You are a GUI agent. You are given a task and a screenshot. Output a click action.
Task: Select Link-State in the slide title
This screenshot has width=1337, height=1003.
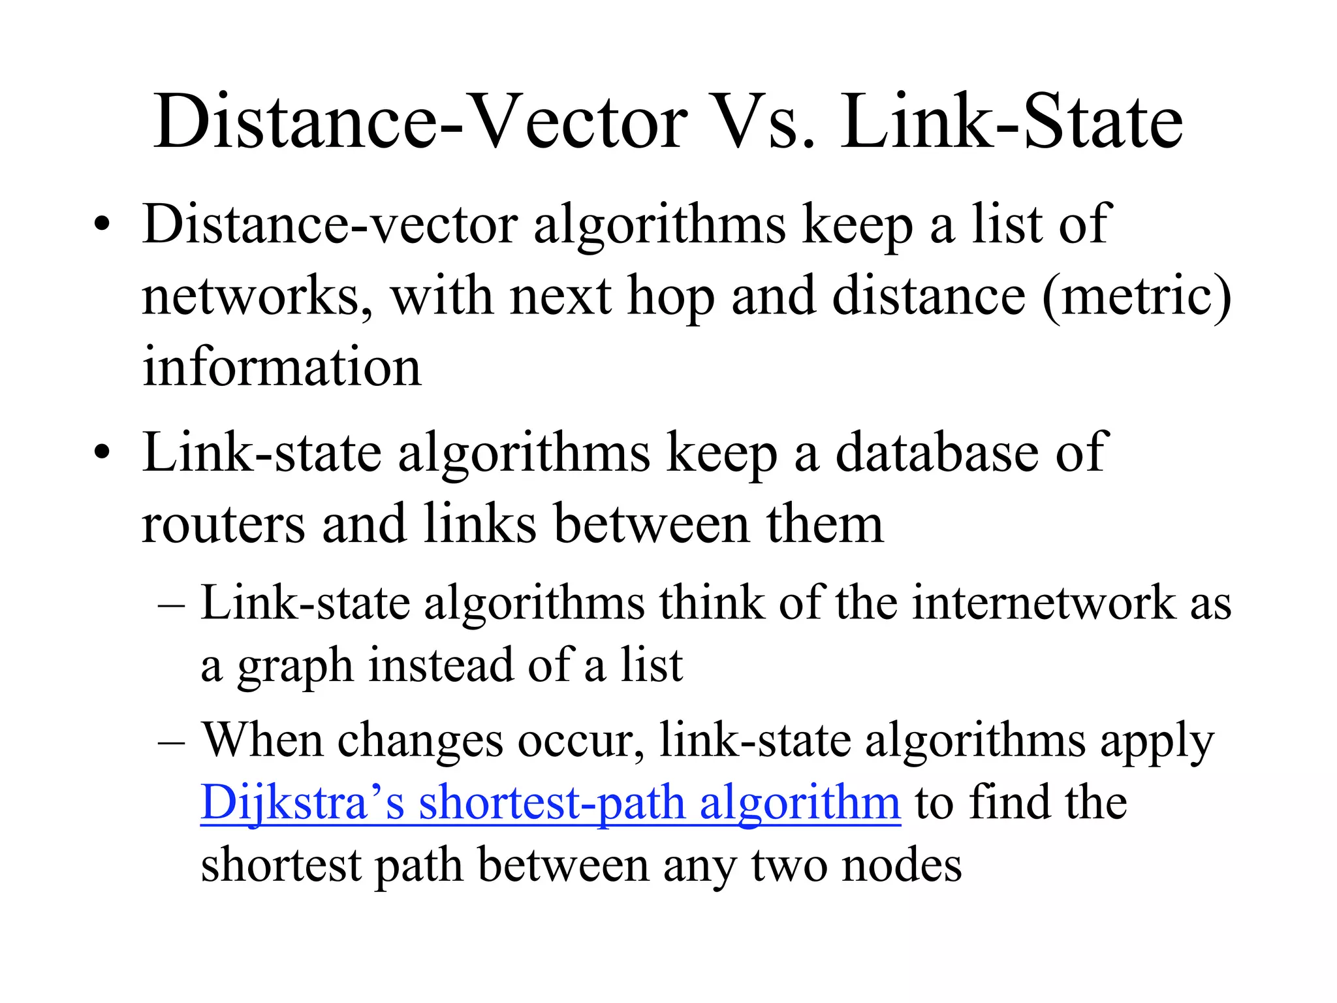(1011, 123)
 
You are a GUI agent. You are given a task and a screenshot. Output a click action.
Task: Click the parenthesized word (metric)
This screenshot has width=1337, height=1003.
(1137, 296)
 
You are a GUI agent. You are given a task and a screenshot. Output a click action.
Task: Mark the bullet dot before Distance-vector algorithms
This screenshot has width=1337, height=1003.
(101, 226)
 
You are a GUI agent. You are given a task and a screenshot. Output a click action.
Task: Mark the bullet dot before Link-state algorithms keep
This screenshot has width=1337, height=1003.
(101, 453)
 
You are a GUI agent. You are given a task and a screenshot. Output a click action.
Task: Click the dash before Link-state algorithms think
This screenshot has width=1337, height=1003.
(171, 604)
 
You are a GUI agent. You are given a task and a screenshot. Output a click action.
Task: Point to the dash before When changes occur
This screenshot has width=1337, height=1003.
(171, 742)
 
